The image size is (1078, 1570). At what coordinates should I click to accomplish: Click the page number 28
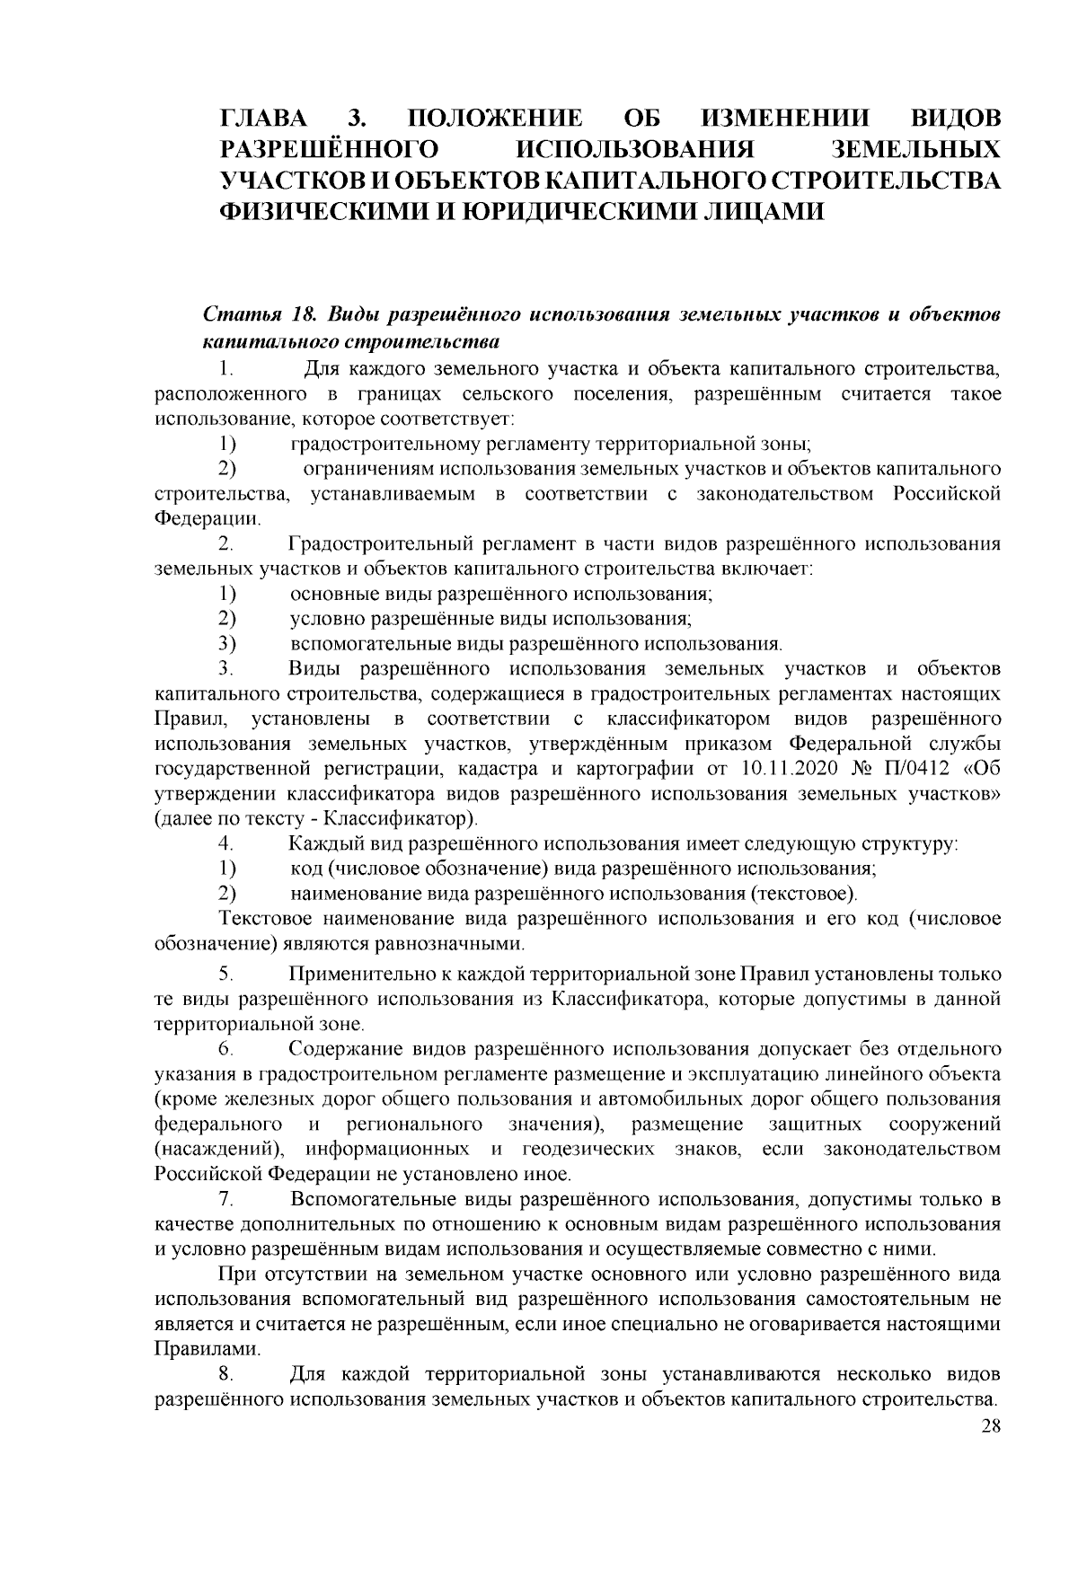tap(991, 1427)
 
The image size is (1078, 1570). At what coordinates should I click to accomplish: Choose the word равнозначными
tap(454, 944)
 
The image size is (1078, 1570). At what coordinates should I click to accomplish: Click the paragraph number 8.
tap(226, 1375)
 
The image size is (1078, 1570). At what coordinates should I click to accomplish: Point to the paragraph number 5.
tap(226, 974)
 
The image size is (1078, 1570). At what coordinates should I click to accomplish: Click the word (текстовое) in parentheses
tap(802, 895)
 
